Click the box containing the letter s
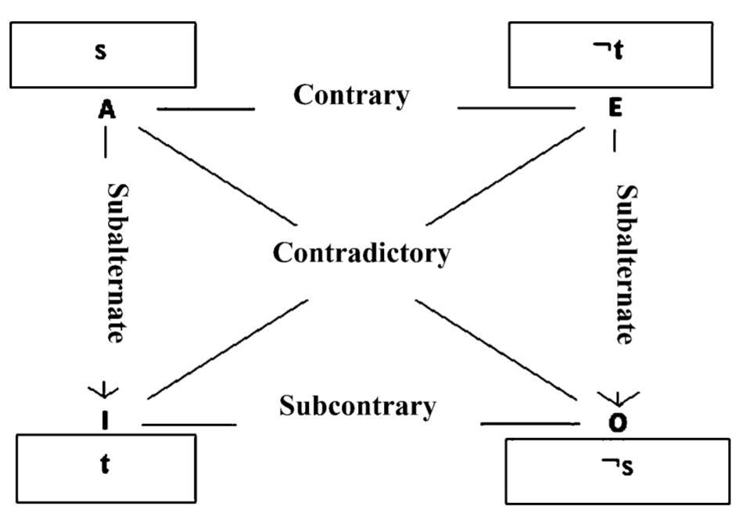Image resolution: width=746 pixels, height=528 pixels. pyautogui.click(x=102, y=55)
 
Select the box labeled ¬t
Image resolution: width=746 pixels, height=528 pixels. pyautogui.click(x=611, y=55)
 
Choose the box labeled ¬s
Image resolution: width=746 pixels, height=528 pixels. pyautogui.click(x=618, y=471)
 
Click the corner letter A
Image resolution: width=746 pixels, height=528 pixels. pyautogui.click(x=107, y=110)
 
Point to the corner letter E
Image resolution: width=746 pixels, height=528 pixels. pyautogui.click(x=615, y=109)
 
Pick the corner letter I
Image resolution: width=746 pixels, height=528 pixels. pyautogui.click(x=106, y=421)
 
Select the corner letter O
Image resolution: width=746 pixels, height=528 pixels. pyautogui.click(x=618, y=423)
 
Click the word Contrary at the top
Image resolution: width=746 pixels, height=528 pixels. pyautogui.click(x=351, y=95)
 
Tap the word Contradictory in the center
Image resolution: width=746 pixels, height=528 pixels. pyautogui.click(x=361, y=253)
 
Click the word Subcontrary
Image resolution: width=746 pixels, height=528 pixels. pyautogui.click(x=357, y=406)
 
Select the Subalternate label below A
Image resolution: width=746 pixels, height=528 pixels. pyautogui.click(x=116, y=263)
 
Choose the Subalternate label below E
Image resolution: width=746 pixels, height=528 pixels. pyautogui.click(x=626, y=264)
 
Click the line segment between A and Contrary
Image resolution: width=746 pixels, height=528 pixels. pyautogui.click(x=206, y=109)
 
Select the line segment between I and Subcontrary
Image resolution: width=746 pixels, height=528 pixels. pyautogui.click(x=188, y=425)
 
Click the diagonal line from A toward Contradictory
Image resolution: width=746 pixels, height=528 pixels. pyautogui.click(x=217, y=173)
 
